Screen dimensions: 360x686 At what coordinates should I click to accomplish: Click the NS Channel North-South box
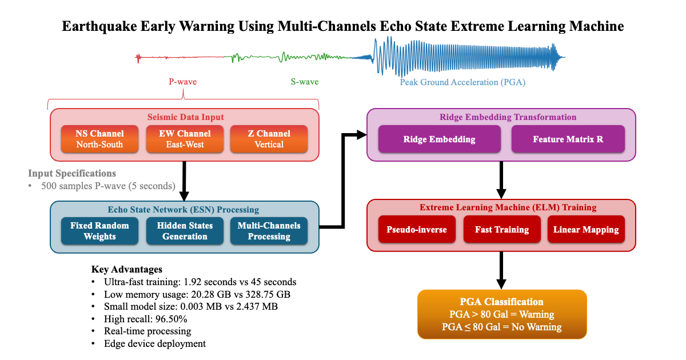click(99, 139)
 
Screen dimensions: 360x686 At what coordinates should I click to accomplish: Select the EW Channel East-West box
click(185, 139)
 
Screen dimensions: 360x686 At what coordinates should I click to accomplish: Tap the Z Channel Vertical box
click(269, 139)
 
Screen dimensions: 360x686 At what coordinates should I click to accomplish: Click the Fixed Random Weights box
click(99, 231)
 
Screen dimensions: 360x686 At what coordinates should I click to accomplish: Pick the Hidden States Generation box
click(185, 231)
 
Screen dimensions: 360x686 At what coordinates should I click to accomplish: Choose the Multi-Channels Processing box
click(269, 231)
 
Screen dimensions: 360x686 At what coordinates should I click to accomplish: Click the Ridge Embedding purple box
click(439, 139)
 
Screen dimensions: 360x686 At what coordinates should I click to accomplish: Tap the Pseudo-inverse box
click(417, 230)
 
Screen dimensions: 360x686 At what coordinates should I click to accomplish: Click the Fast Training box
click(501, 230)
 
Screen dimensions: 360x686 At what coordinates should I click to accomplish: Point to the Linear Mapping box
click(586, 230)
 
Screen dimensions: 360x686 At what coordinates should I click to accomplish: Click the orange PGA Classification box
click(501, 314)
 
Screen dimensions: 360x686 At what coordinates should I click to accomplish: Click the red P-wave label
click(182, 82)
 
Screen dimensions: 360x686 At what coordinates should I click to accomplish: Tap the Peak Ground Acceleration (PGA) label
click(462, 82)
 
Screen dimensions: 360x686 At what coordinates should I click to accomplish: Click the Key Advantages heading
click(126, 269)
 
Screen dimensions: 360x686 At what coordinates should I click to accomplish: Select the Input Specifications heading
click(72, 173)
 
